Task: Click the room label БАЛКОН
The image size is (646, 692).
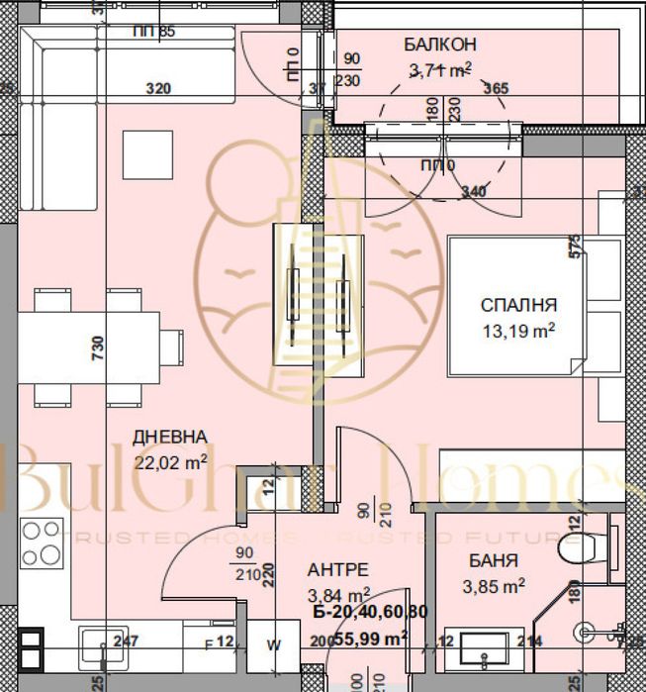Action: [x=440, y=44]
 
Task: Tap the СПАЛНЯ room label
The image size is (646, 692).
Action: [x=518, y=305]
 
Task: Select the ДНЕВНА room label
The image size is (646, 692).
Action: [x=170, y=437]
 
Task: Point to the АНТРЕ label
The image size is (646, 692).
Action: [x=337, y=569]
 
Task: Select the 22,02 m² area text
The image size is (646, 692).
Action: [x=170, y=460]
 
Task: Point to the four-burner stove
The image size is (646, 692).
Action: [x=42, y=543]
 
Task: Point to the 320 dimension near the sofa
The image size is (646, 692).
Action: [x=158, y=89]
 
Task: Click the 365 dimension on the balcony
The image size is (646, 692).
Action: [x=496, y=89]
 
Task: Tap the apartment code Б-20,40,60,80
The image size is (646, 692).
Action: [x=369, y=613]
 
